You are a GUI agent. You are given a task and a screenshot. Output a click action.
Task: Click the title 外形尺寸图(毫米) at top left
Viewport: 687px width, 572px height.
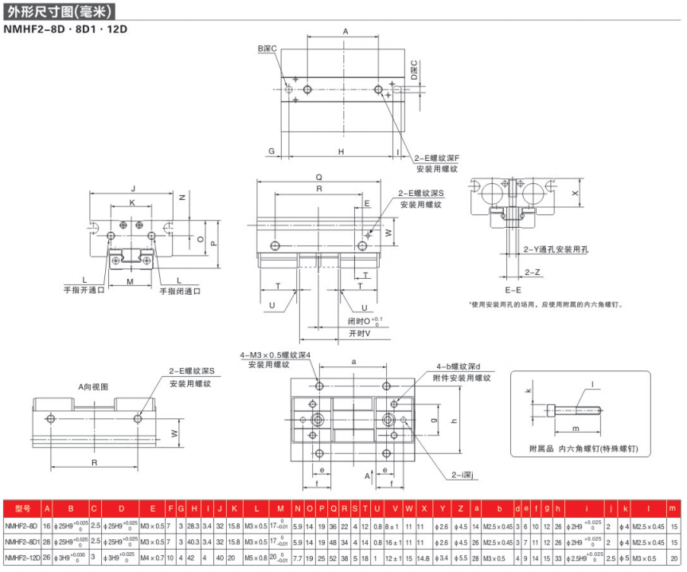click(x=61, y=12)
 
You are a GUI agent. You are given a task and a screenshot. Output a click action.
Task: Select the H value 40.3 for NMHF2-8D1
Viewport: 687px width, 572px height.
click(x=193, y=543)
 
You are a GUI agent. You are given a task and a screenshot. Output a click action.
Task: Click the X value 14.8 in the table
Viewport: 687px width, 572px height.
click(x=424, y=558)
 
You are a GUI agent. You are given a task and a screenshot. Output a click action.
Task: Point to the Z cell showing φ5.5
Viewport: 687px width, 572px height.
click(x=463, y=558)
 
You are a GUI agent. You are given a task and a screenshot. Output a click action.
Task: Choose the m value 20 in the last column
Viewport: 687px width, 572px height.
click(x=673, y=558)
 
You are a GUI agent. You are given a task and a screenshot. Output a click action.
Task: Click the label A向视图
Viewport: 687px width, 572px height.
click(x=93, y=386)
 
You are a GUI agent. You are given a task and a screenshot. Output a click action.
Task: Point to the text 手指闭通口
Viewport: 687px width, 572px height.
click(x=180, y=291)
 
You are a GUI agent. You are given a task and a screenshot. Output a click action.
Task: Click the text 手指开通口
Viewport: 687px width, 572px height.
click(x=84, y=290)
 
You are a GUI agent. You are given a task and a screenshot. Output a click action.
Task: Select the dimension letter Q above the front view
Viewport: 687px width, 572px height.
click(x=318, y=177)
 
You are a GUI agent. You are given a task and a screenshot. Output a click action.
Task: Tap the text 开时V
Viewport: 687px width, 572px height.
click(x=359, y=334)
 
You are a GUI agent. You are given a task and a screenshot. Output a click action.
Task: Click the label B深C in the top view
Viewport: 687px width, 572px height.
click(x=267, y=49)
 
